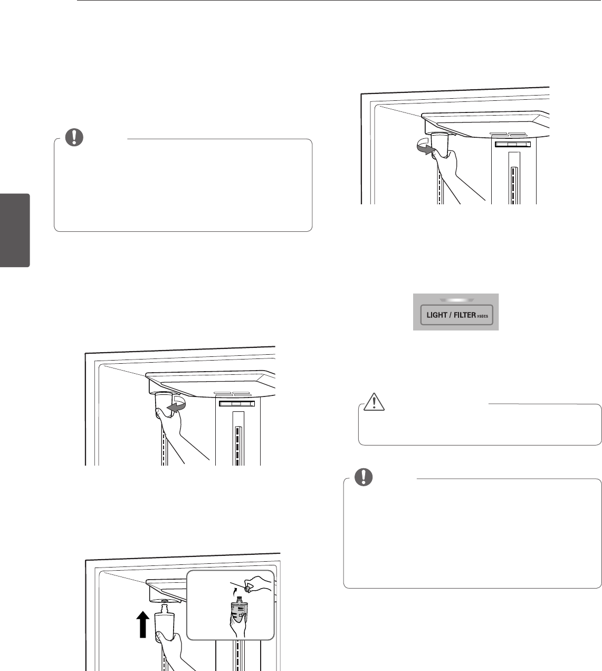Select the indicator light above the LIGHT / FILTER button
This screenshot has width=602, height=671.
point(455,300)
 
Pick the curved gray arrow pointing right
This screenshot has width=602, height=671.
point(425,148)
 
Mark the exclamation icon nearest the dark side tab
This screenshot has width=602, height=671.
point(75,137)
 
